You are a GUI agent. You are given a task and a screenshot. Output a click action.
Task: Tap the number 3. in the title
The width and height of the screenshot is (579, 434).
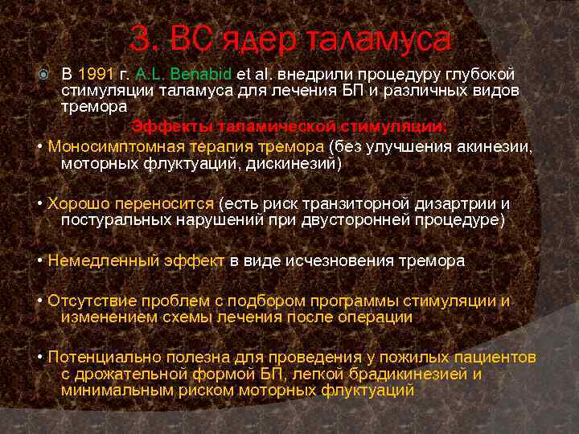coord(146,39)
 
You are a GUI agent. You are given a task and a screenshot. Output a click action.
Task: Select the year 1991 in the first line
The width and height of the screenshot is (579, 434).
coord(93,75)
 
